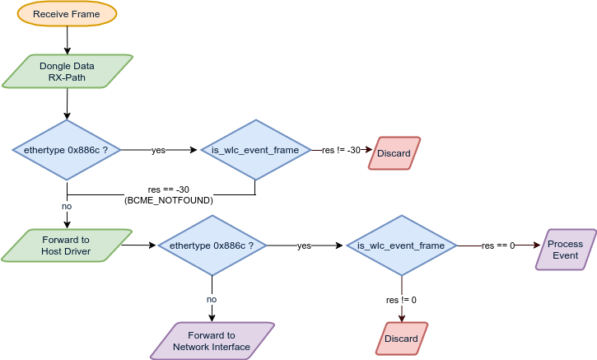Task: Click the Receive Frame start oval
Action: point(67,14)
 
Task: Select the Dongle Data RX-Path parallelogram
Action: point(67,72)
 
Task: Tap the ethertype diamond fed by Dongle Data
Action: point(67,151)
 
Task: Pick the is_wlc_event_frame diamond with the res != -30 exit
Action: point(254,151)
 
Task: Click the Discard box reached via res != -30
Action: point(394,153)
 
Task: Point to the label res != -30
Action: point(341,151)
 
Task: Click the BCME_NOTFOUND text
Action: point(168,200)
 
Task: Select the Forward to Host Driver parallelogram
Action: point(67,245)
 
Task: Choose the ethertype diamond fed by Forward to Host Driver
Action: point(212,245)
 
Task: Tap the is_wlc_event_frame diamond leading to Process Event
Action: point(401,245)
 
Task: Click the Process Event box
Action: point(565,250)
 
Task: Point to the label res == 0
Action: point(498,245)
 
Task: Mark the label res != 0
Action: point(401,299)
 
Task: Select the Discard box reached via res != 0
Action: point(401,339)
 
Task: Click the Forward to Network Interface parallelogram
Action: point(212,341)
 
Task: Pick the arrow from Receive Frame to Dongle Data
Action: point(67,40)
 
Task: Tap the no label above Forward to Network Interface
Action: point(212,299)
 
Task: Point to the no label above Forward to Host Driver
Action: point(67,205)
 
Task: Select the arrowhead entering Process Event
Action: point(536,245)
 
